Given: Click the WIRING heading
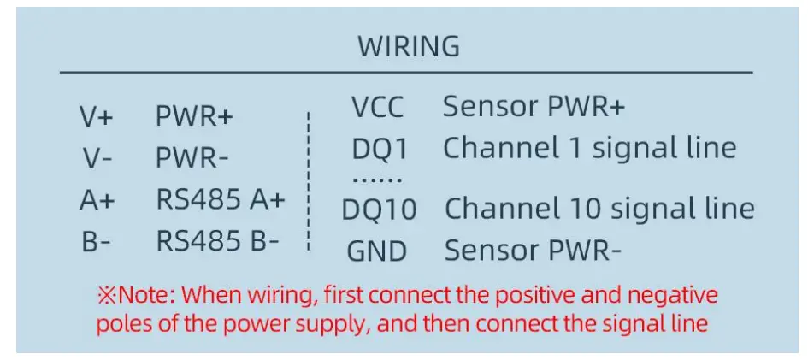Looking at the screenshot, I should (408, 46).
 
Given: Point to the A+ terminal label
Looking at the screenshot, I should (97, 200).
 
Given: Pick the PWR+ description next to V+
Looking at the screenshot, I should (194, 117).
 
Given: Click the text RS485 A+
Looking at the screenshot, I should (220, 200).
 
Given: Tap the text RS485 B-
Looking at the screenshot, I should (217, 242).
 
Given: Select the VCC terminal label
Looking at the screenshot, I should (377, 108).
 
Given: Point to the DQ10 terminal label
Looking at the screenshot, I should (379, 210).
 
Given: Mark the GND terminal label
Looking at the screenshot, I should (377, 251).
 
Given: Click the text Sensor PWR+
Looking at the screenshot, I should (534, 107).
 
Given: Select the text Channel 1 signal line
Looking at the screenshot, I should (589, 148).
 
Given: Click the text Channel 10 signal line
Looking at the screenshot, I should (599, 209).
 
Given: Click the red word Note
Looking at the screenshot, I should (145, 296).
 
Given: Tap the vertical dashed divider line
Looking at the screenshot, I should (309, 180).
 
